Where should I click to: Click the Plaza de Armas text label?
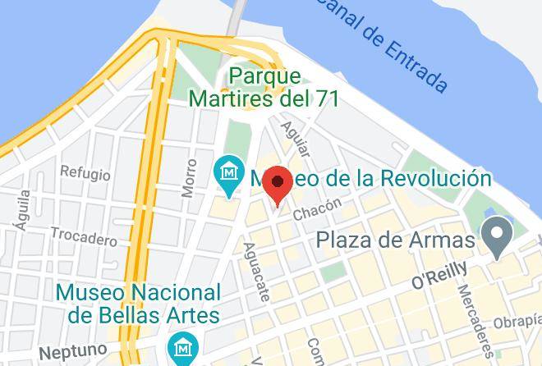point(397,240)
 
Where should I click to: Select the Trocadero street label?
point(84,236)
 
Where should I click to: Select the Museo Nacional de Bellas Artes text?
point(138,303)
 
